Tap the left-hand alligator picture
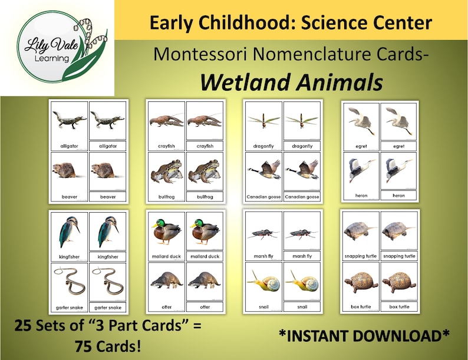click(70, 121)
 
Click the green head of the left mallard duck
click(157, 224)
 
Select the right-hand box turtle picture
click(399, 282)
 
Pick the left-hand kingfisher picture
click(70, 232)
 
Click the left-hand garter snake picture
click(69, 282)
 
